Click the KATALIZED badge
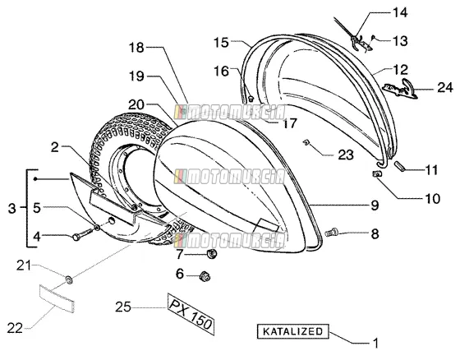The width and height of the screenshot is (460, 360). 292,331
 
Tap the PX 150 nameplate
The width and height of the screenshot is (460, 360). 191,314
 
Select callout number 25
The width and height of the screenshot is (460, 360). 123,307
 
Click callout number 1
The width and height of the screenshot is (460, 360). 375,343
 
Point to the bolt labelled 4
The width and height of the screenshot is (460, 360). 82,233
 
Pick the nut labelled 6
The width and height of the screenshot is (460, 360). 205,276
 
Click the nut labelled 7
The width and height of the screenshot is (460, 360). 212,253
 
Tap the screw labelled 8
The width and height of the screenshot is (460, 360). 332,233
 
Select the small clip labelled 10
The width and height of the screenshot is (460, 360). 377,174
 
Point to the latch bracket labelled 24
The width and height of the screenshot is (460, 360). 401,90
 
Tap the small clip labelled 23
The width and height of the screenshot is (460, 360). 306,142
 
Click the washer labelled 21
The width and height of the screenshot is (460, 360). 70,279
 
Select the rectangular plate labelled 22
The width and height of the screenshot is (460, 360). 57,298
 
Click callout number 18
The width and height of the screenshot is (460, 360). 136,48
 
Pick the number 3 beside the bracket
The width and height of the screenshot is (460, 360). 11,209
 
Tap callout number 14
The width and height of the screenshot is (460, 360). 400,12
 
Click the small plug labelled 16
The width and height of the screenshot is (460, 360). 251,99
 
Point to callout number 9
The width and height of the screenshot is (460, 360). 375,205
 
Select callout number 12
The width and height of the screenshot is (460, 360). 401,70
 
